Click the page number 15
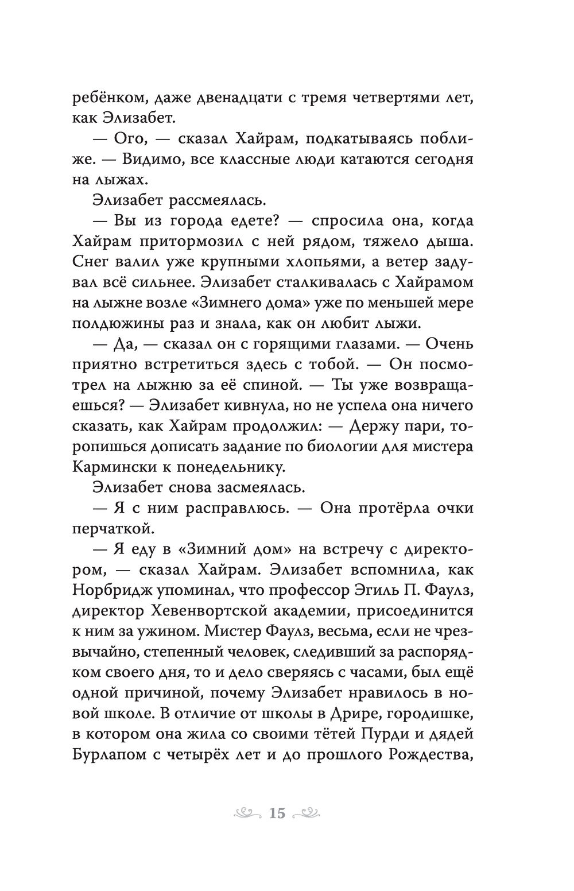pyautogui.click(x=277, y=813)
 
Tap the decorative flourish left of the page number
pyautogui.click(x=247, y=812)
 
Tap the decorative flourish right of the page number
pyautogui.click(x=308, y=812)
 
